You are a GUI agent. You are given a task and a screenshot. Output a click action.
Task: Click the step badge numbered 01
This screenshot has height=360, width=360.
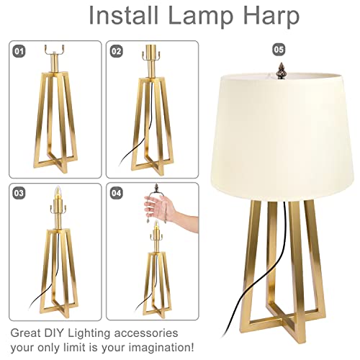pyautogui.click(x=19, y=50)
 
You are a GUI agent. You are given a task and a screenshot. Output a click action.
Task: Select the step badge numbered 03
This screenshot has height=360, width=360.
pyautogui.click(x=19, y=192)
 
